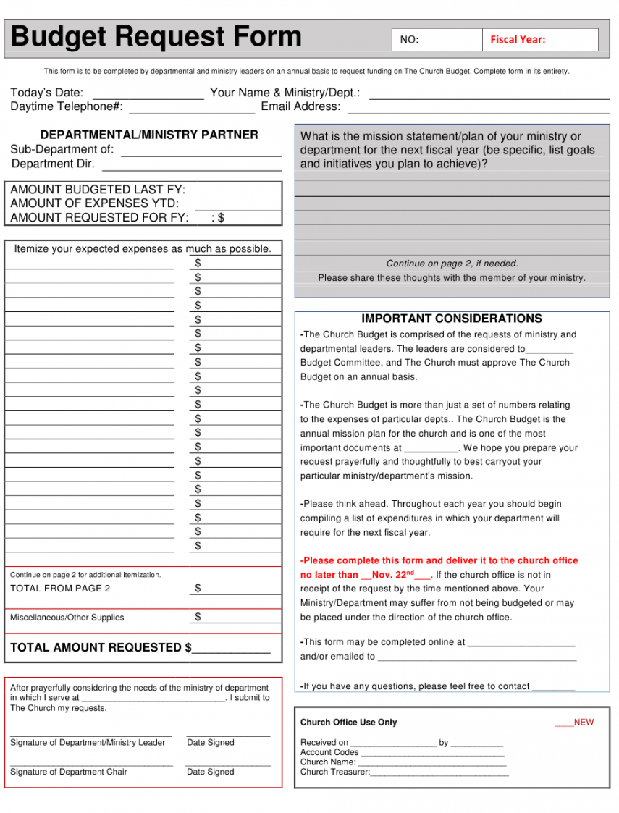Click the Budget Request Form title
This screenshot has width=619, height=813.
point(156,36)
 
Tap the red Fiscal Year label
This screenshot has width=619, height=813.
point(518,40)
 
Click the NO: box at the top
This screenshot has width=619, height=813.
point(437,40)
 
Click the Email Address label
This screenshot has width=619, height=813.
point(300,107)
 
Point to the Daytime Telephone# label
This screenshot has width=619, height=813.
point(67,107)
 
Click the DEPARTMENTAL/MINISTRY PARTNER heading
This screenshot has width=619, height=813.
point(149,135)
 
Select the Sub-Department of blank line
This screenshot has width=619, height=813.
point(201,153)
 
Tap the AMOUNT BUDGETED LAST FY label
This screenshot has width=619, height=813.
point(98,190)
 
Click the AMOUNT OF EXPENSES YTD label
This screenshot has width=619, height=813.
point(94,203)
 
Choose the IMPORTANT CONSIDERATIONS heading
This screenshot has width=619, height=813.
point(452,319)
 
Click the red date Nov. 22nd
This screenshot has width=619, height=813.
point(395,575)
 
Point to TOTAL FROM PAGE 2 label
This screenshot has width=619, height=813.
point(60,589)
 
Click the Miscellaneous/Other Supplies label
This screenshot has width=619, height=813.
point(67,618)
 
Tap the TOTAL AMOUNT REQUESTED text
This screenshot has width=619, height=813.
point(101,647)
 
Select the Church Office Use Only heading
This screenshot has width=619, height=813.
point(348,723)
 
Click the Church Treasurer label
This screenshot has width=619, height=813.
point(334,772)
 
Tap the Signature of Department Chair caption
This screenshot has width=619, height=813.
point(69,772)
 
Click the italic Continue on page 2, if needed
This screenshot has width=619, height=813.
point(452,264)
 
